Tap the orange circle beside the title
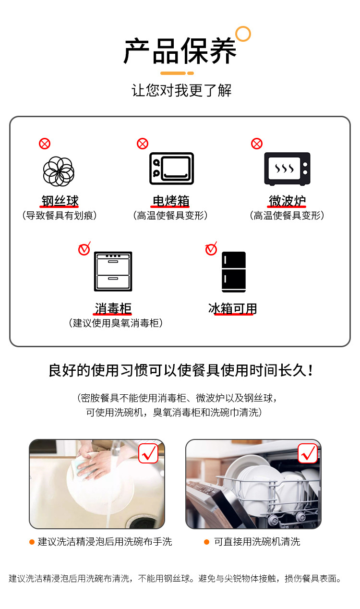coord(243,34)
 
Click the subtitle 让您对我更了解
coord(181,90)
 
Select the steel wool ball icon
coord(59,171)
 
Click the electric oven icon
coord(171,169)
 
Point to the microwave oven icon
coord(287,169)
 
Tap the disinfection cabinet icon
coord(113,271)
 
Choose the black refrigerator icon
coord(234,272)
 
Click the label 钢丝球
coord(60,201)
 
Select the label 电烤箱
coord(171,201)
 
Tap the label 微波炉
coord(287,201)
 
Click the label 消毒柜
coord(113,308)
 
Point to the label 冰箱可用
coord(233,308)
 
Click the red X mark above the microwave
coord(257,144)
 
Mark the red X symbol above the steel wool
coord(45,144)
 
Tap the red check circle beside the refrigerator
coord(211,249)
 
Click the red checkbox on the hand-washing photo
coord(148,453)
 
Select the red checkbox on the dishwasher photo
coord(308,453)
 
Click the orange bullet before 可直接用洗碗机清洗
coord(206,542)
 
